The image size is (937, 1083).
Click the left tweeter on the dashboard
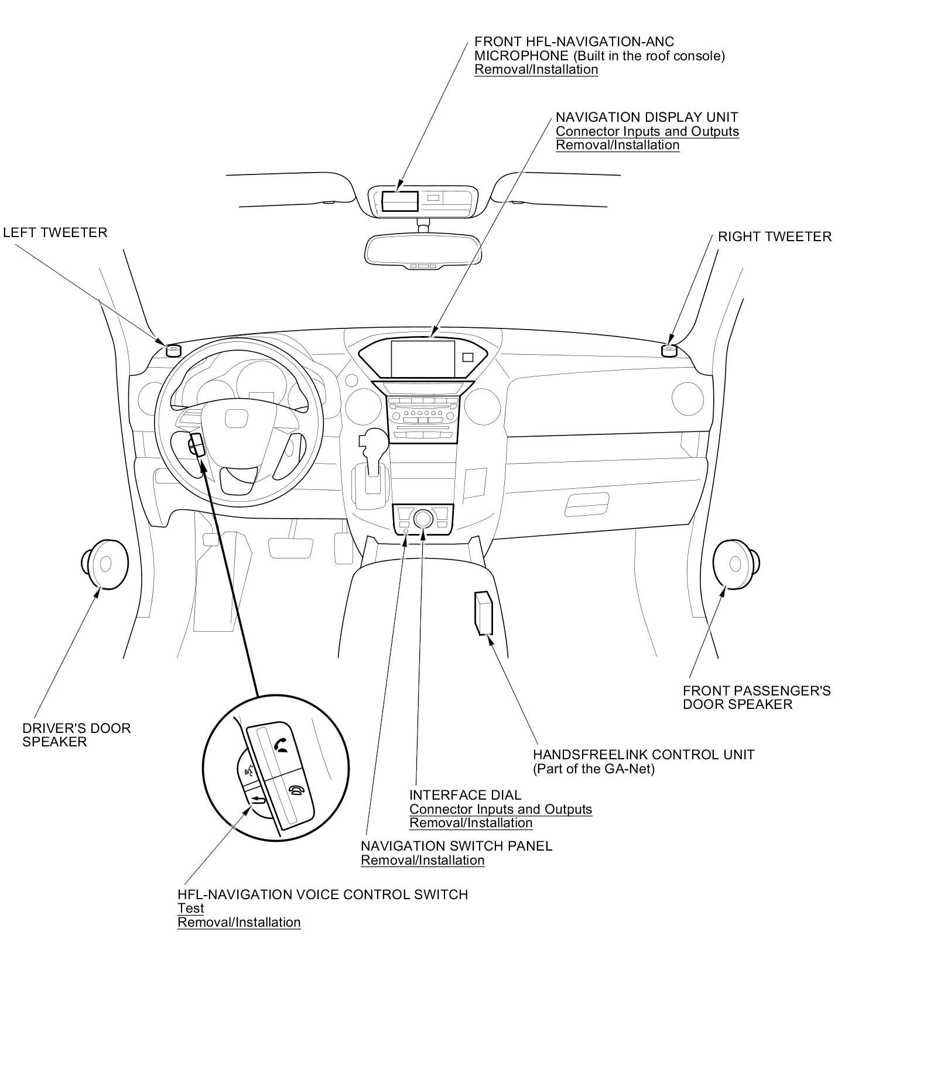pyautogui.click(x=173, y=350)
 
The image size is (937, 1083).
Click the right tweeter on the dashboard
pyautogui.click(x=669, y=350)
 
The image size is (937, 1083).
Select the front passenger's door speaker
pyautogui.click(x=736, y=563)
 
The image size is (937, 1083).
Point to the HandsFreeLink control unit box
pyautogui.click(x=484, y=613)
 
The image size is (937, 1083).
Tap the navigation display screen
pyautogui.click(x=423, y=359)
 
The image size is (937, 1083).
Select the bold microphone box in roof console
pyautogui.click(x=400, y=201)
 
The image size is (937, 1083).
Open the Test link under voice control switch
pyautogui.click(x=191, y=909)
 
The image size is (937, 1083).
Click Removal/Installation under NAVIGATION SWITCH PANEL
pyautogui.click(x=423, y=860)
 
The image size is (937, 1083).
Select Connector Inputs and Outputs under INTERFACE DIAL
pyautogui.click(x=501, y=809)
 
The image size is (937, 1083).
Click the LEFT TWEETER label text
pyautogui.click(x=56, y=232)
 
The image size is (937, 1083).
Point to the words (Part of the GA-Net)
pyautogui.click(x=594, y=769)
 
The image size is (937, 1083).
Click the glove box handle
pyautogui.click(x=587, y=504)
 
